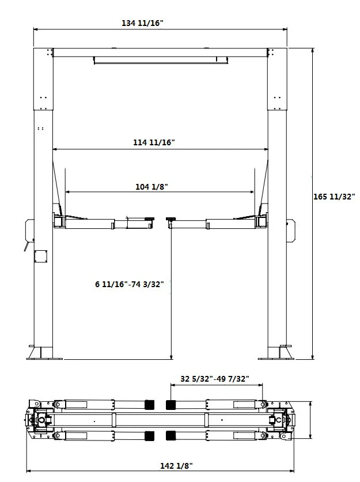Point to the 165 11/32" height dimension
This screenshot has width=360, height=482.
(x=334, y=197)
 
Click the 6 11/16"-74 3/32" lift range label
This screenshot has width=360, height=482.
(x=130, y=284)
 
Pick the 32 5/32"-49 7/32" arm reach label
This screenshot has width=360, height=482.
(x=214, y=379)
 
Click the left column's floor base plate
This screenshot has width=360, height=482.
(x=43, y=353)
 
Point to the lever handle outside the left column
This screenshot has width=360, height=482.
(x=26, y=247)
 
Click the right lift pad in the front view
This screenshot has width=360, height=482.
(x=170, y=219)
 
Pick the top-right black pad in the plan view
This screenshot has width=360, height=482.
(x=171, y=404)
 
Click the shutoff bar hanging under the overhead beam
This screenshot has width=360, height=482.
(x=160, y=60)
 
